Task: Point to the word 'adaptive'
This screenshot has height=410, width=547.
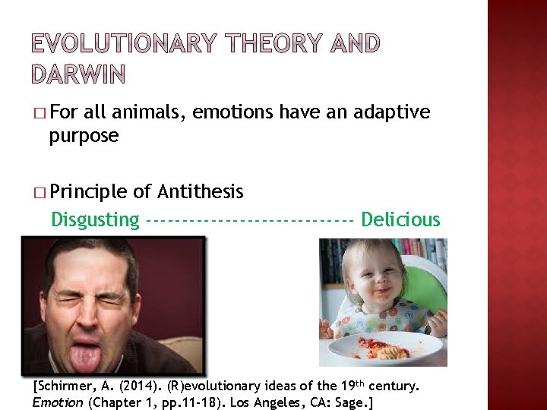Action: pyautogui.click(x=392, y=112)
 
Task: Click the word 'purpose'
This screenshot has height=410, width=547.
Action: pyautogui.click(x=84, y=136)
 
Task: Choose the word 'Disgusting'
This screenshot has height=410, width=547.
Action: pyautogui.click(x=95, y=220)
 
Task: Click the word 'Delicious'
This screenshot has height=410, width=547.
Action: pyautogui.click(x=400, y=219)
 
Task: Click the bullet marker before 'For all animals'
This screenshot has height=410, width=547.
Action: pyautogui.click(x=40, y=113)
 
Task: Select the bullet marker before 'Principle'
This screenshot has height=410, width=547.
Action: pyautogui.click(x=40, y=192)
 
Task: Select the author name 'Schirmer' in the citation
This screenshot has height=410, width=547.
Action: pyautogui.click(x=65, y=386)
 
